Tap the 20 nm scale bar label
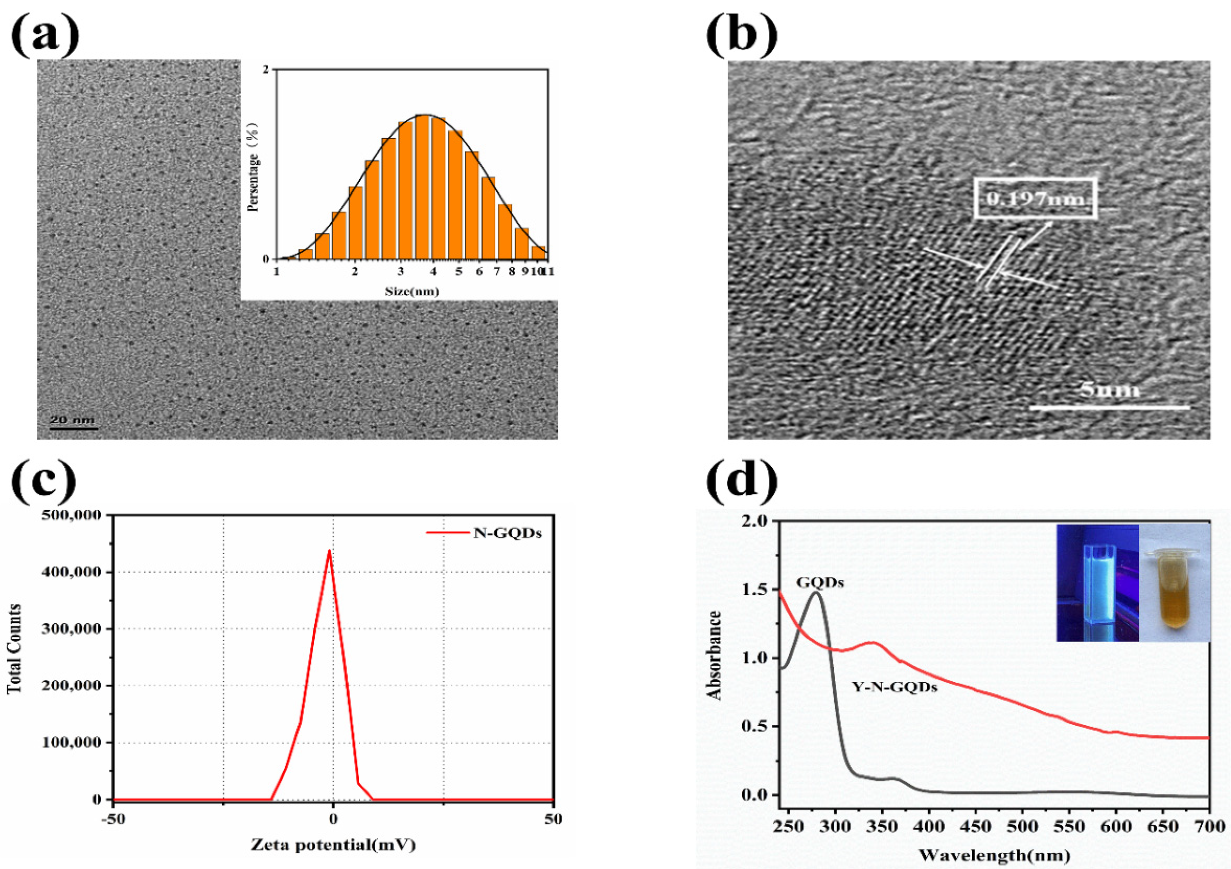(x=73, y=420)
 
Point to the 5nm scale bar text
(x=1109, y=389)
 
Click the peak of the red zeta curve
(x=329, y=550)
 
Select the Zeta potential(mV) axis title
(x=333, y=845)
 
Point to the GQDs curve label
(x=820, y=583)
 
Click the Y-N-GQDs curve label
(x=894, y=687)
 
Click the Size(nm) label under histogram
(x=412, y=292)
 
